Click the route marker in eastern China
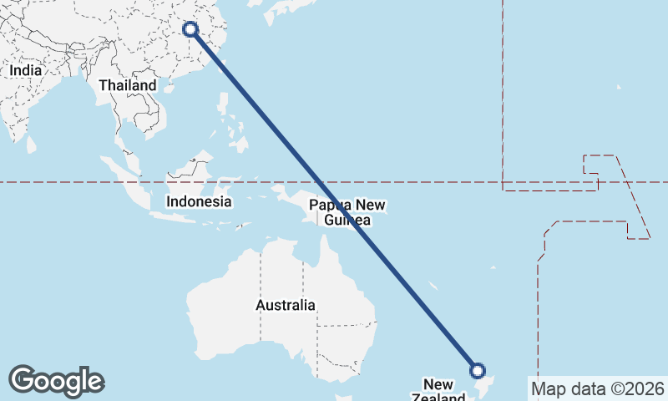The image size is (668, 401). [190, 29]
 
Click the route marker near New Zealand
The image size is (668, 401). [478, 370]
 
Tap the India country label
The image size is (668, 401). [26, 71]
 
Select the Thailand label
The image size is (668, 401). [127, 85]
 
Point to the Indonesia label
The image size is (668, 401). [199, 201]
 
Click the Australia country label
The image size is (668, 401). [286, 305]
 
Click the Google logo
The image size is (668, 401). [56, 381]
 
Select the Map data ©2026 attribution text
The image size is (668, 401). [597, 388]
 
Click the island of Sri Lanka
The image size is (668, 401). [32, 145]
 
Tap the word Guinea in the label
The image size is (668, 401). [347, 220]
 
